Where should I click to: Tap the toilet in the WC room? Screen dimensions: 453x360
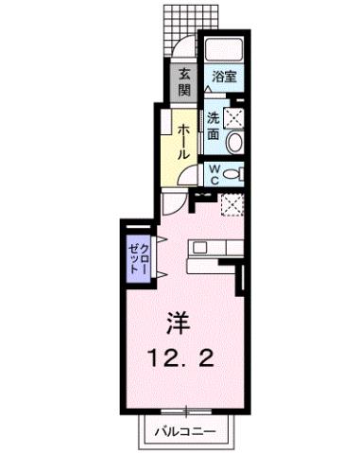pyautogui.click(x=236, y=174)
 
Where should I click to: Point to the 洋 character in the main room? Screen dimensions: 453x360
pyautogui.click(x=179, y=324)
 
